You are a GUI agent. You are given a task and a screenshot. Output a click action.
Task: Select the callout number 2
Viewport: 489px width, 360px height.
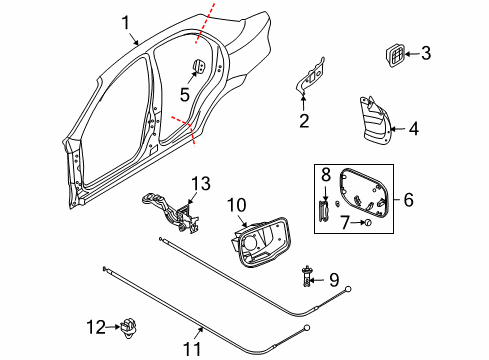[x=301, y=122]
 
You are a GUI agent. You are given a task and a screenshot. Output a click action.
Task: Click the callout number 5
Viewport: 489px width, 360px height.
[x=183, y=95]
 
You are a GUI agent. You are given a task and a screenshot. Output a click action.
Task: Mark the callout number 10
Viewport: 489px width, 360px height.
[x=324, y=175]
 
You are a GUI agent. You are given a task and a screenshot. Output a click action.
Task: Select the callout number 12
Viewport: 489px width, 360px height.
[x=236, y=206]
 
